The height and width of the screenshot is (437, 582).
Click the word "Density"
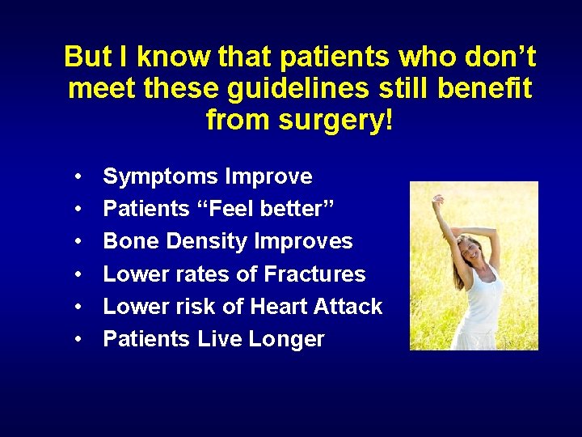[206, 241]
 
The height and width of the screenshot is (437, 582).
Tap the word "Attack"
[350, 307]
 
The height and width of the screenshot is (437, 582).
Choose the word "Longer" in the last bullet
[289, 339]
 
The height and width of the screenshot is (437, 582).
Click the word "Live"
[221, 339]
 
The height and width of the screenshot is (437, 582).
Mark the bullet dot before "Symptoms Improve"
[76, 177]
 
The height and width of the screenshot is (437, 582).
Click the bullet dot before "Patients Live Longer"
[76, 340]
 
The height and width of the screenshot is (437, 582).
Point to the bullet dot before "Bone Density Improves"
[76, 242]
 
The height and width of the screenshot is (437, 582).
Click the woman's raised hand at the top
[437, 199]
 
